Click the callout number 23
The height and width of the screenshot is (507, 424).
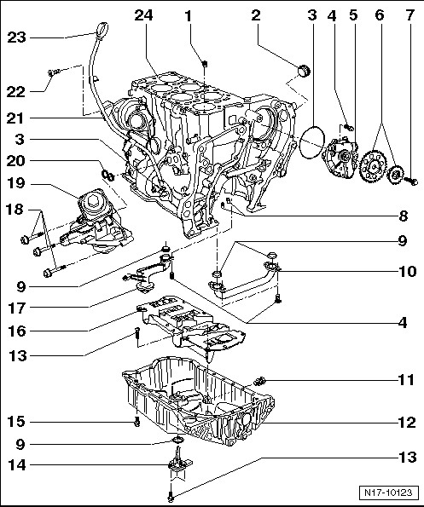coord(16,37)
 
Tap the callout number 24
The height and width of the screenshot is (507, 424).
coord(143,15)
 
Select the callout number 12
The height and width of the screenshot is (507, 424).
coord(407,423)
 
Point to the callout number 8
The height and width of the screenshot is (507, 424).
coord(404,216)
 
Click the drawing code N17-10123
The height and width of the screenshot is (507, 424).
coord(388,493)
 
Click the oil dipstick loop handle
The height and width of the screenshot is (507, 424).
coord(102,29)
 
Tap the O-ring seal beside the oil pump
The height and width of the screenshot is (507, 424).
coord(312,141)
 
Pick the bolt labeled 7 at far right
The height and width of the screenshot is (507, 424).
coord(412,182)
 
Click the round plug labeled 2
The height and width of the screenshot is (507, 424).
coord(304,70)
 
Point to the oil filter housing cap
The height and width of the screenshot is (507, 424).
coord(93,202)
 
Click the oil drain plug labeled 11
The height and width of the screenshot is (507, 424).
coord(260,381)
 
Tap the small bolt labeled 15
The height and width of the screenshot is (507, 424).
coord(137,422)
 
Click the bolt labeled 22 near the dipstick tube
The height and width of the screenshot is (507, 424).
coord(54,72)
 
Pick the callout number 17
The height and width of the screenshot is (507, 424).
coord(16,308)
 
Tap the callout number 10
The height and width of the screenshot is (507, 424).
coord(407,271)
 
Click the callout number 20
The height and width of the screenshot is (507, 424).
coord(15,161)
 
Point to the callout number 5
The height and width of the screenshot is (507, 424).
coord(353,15)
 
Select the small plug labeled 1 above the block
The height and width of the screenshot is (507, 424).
coord(204,63)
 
